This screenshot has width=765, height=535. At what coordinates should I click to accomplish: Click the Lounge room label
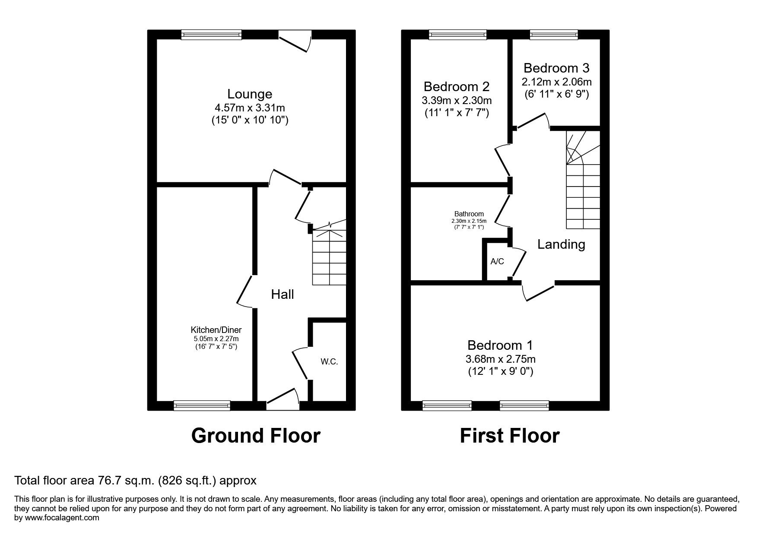tap(250, 94)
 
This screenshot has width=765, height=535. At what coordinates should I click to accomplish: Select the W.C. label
tap(329, 362)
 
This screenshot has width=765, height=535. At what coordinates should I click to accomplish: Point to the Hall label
tap(283, 294)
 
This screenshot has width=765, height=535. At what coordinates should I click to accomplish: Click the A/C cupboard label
tap(497, 262)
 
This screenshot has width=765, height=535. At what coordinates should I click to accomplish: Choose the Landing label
tap(561, 244)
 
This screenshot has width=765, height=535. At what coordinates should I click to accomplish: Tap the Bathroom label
tap(469, 214)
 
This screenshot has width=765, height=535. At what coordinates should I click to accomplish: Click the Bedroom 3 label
tap(556, 68)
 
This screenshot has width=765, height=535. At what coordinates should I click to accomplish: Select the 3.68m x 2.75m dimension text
tap(500, 359)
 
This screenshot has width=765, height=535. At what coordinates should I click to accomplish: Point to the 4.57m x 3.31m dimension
tap(250, 108)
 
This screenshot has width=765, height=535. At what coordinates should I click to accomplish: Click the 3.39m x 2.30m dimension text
tap(457, 101)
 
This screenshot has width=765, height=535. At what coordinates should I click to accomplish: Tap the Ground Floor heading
tap(256, 436)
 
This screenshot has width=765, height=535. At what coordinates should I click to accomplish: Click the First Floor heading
tap(509, 436)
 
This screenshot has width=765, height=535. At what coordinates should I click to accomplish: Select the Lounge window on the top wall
tap(211, 35)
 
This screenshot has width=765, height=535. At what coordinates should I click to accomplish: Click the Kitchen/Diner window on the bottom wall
tap(202, 405)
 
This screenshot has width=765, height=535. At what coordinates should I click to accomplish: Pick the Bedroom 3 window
tap(554, 35)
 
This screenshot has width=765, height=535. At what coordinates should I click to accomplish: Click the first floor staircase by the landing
tap(583, 180)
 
